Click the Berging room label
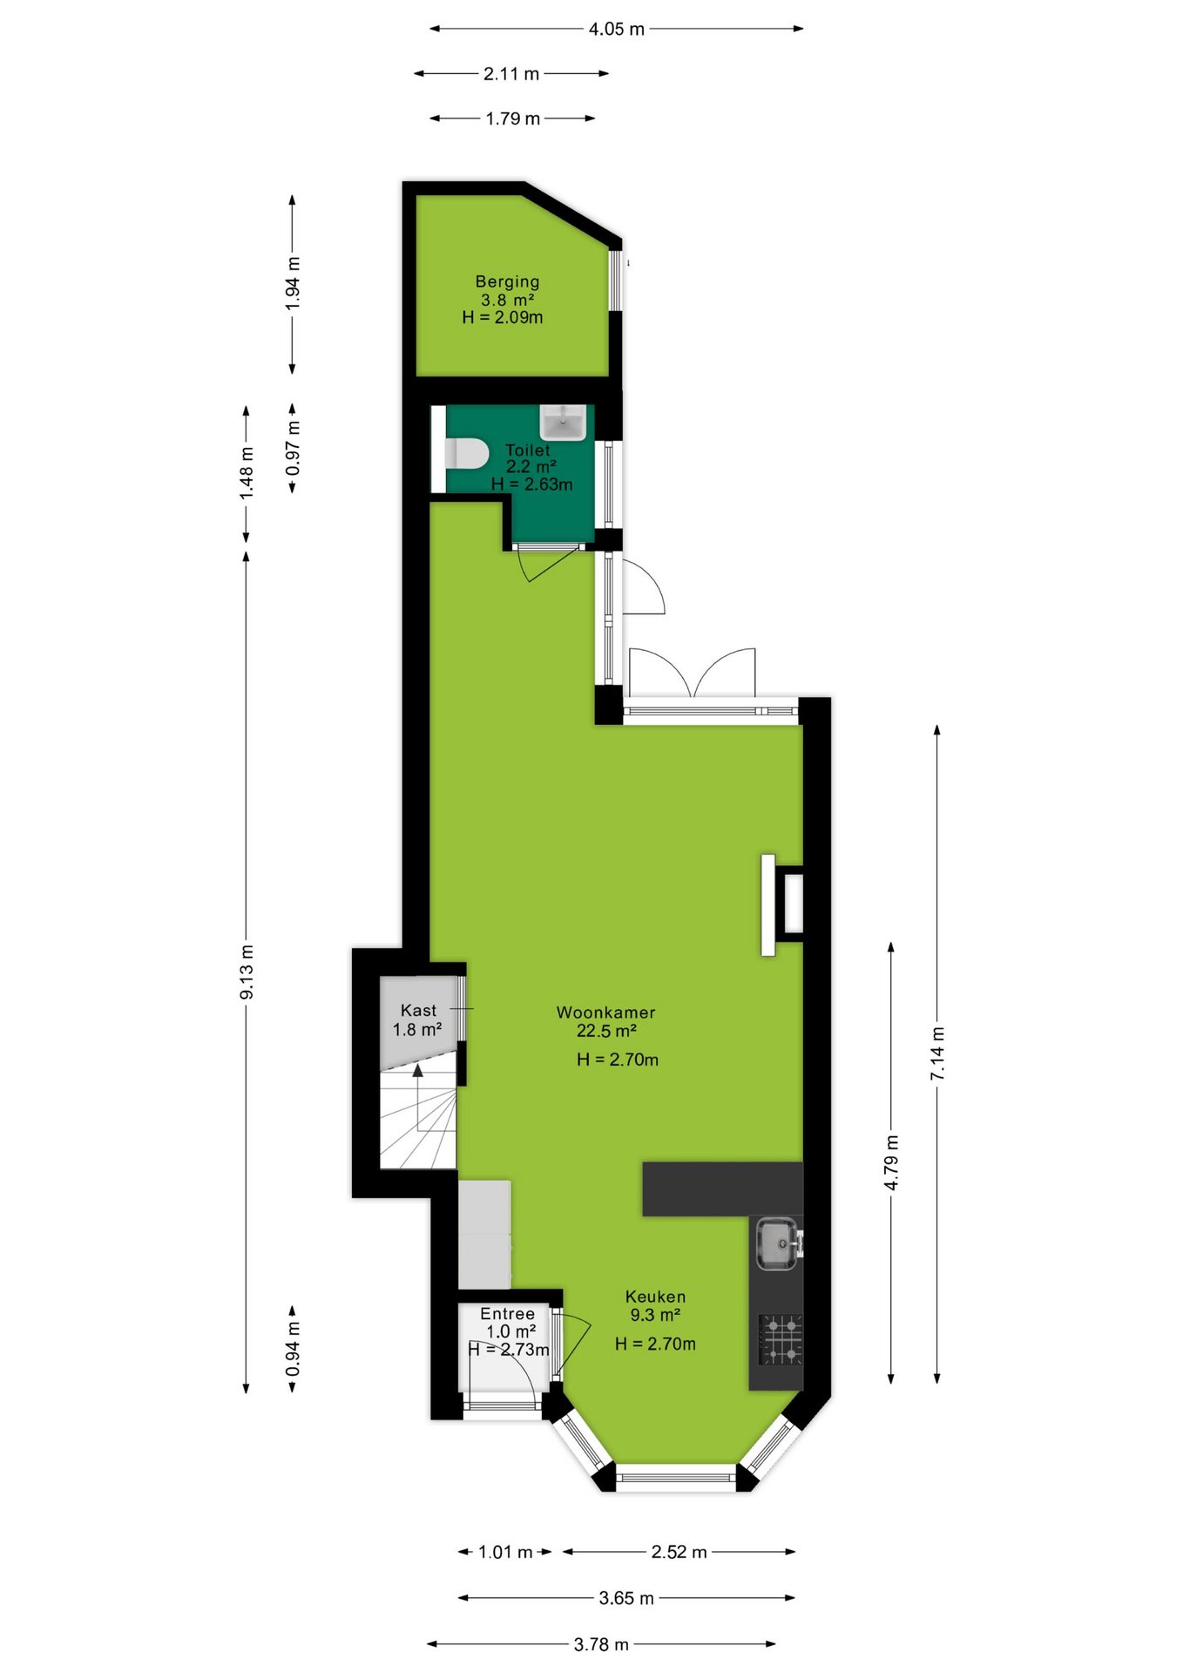point(507,281)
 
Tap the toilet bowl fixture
point(466,454)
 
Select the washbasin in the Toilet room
point(563,422)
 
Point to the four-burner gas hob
point(781,1339)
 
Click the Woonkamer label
point(605,1013)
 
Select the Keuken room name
point(655,1297)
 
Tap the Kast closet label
point(418,1010)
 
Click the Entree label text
point(507,1313)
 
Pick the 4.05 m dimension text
point(616,29)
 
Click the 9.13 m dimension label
point(247,972)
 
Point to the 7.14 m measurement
point(937,1053)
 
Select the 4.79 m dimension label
point(891,1162)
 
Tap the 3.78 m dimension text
point(601,1644)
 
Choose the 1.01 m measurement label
point(505,1552)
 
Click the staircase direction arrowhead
point(418,1070)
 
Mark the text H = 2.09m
point(503,317)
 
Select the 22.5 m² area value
point(606,1031)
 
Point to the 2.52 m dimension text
point(679,1552)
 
